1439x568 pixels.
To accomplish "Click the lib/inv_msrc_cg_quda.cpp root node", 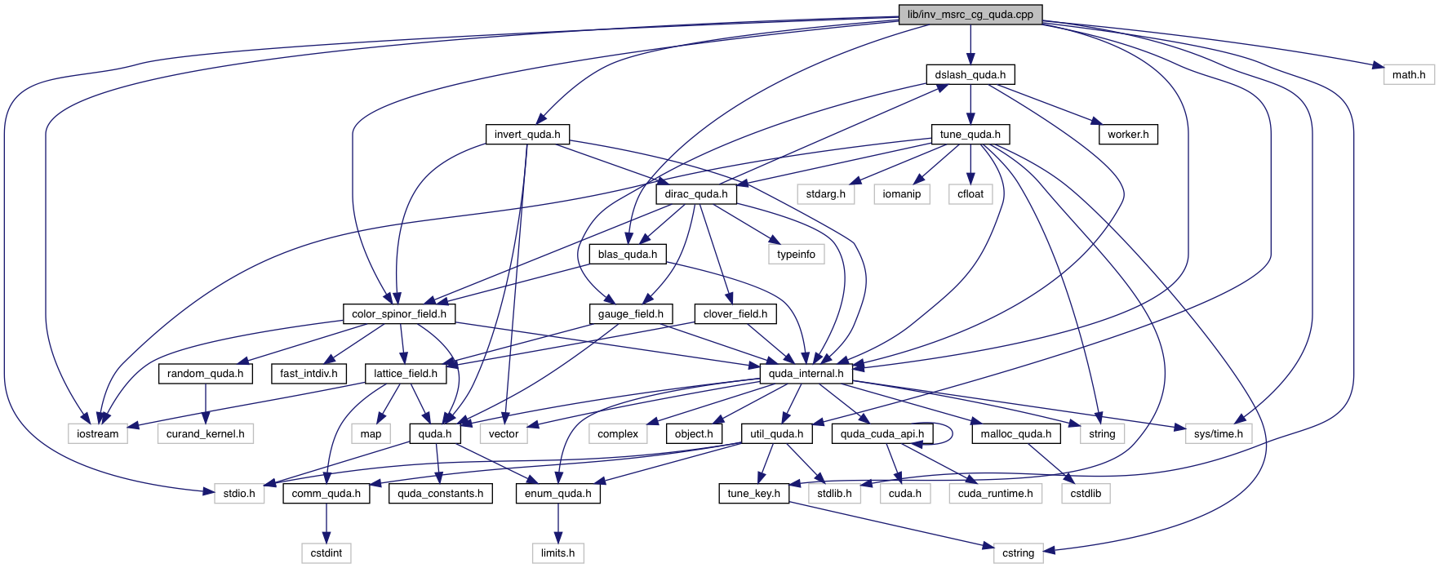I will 970,15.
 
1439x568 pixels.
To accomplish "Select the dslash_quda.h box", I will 970,74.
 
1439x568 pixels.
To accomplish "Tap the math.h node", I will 1408,74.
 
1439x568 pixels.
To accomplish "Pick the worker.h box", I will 1127,134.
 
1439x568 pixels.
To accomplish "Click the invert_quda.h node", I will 526,134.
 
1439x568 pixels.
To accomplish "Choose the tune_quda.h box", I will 970,134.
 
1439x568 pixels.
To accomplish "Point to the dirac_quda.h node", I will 695,194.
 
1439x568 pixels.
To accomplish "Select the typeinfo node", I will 796,254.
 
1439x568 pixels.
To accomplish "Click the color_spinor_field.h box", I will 398,313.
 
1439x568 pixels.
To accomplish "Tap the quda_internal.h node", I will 806,373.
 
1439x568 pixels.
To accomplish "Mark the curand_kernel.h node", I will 205,433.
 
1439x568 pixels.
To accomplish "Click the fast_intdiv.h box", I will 309,373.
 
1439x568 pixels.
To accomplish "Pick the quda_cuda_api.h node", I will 882,433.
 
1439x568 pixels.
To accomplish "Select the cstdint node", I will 326,552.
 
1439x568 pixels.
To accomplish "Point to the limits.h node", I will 557,552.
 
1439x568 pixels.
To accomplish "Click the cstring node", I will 1018,552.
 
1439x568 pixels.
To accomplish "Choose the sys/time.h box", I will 1218,433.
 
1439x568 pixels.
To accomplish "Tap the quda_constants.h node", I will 440,493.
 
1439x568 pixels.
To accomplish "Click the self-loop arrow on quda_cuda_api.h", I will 951,433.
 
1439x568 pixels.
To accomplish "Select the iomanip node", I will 901,194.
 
